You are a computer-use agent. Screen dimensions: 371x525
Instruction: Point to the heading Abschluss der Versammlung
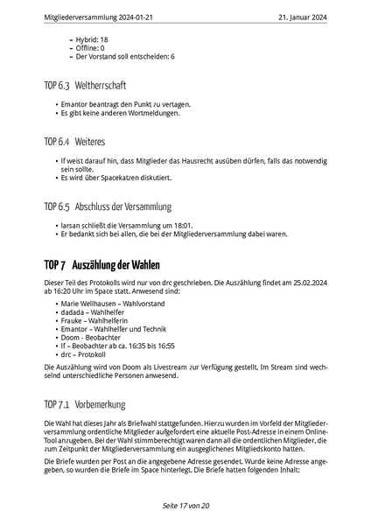(122, 207)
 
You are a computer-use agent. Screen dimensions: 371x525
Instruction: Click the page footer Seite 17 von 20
(185, 506)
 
